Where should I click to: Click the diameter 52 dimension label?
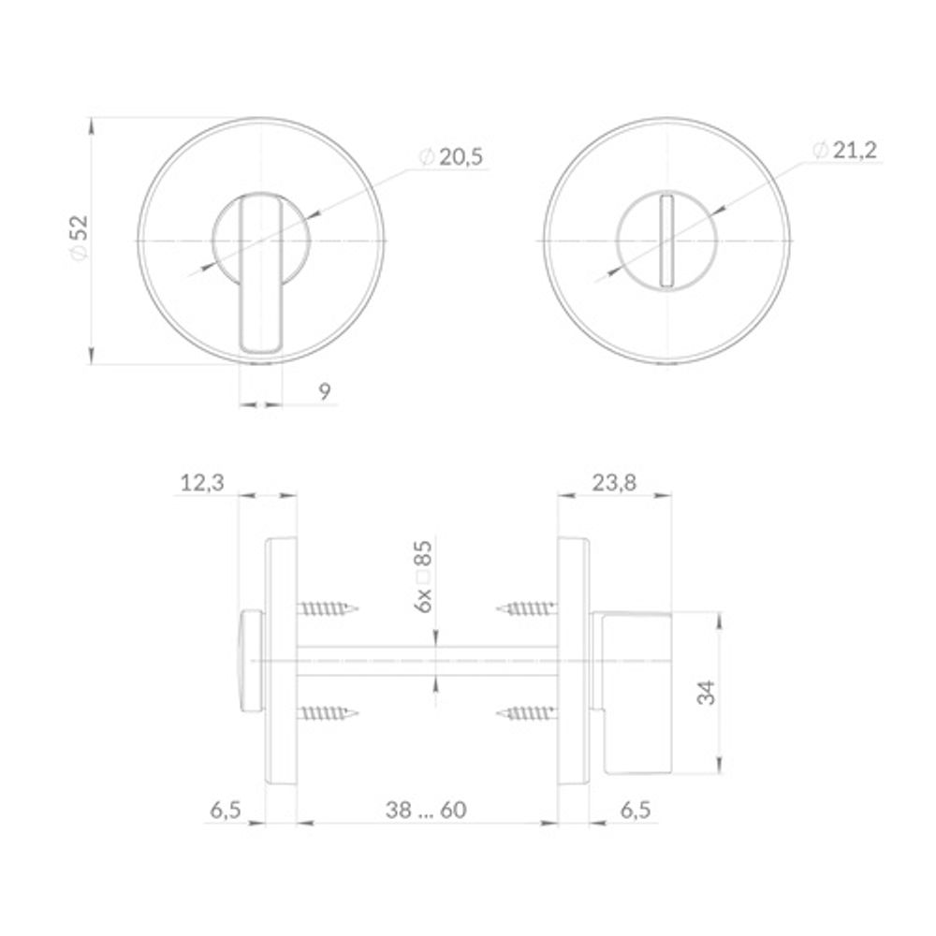tap(79, 238)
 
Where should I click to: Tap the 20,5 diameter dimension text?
tap(451, 157)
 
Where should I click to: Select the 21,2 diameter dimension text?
tap(845, 151)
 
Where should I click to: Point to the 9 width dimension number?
tap(324, 391)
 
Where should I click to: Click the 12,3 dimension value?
tap(202, 482)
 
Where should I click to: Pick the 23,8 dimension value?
tap(614, 482)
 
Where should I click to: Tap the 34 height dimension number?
tap(706, 693)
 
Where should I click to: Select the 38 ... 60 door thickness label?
tap(426, 810)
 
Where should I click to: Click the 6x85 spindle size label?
tap(423, 577)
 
